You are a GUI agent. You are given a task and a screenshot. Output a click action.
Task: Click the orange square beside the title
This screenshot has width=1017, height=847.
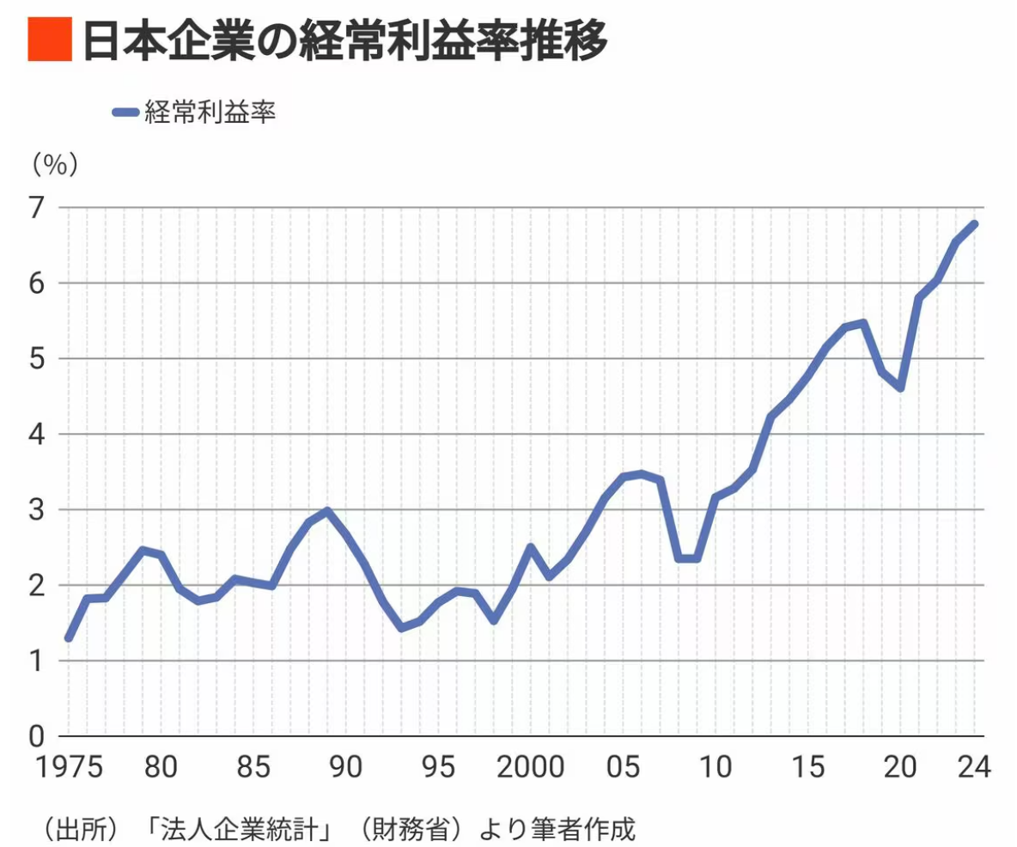[49, 40]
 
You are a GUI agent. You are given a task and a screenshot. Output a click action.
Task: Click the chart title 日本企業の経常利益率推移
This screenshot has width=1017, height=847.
[344, 40]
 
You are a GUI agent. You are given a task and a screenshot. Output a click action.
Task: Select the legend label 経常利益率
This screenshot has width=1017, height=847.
[210, 113]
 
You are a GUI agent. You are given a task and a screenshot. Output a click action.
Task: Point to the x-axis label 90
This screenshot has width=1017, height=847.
[345, 767]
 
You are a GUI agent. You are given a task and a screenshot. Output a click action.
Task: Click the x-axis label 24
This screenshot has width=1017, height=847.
[975, 767]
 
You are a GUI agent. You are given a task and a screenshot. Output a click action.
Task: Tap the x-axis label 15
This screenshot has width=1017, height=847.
[808, 767]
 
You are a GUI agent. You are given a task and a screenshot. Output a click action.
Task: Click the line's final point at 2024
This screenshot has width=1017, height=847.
[975, 224]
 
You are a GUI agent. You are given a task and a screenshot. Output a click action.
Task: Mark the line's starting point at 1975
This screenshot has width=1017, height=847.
[69, 638]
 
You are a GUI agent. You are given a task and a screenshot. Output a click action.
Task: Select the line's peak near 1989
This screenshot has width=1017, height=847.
[327, 511]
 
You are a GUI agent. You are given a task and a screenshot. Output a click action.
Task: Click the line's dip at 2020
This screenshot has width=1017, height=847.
[900, 388]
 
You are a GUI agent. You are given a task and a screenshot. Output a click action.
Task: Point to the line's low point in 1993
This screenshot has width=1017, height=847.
[401, 628]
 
